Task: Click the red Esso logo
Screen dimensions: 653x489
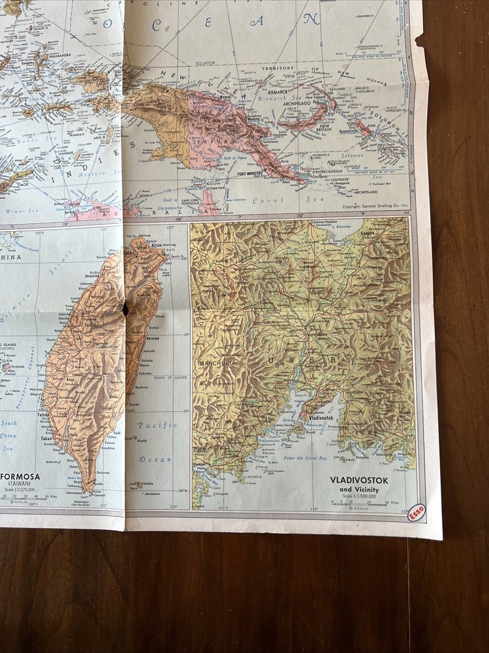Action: pyautogui.click(x=416, y=513)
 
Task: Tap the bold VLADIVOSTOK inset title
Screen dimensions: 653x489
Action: pyautogui.click(x=358, y=480)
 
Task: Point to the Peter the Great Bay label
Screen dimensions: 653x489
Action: pyautogui.click(x=306, y=458)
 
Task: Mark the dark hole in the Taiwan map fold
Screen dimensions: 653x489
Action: pyautogui.click(x=125, y=309)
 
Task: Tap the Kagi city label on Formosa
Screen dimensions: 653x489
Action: pyautogui.click(x=50, y=379)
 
